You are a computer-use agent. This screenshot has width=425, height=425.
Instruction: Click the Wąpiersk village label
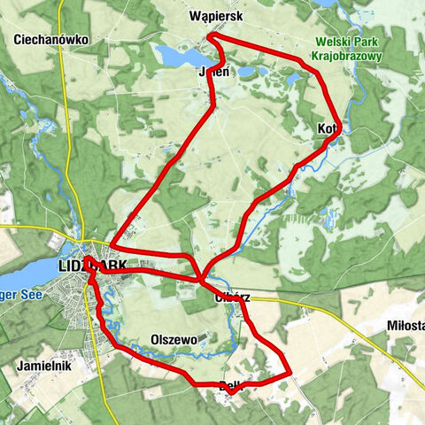pyautogui.click(x=216, y=16)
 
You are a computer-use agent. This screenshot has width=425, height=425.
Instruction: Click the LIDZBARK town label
pyautogui.click(x=92, y=266)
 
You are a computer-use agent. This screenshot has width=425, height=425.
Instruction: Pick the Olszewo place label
pyautogui.click(x=173, y=339)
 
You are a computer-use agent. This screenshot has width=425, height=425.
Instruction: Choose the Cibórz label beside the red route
pyautogui.click(x=233, y=297)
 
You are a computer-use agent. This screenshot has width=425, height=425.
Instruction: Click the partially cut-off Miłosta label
pyautogui.click(x=406, y=326)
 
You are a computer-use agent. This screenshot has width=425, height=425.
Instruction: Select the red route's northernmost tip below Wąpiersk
pyautogui.click(x=211, y=37)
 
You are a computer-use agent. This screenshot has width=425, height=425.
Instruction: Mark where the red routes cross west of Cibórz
pyautogui.click(x=203, y=281)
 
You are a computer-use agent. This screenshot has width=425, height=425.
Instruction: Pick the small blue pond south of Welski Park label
pyautogui.click(x=293, y=80)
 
